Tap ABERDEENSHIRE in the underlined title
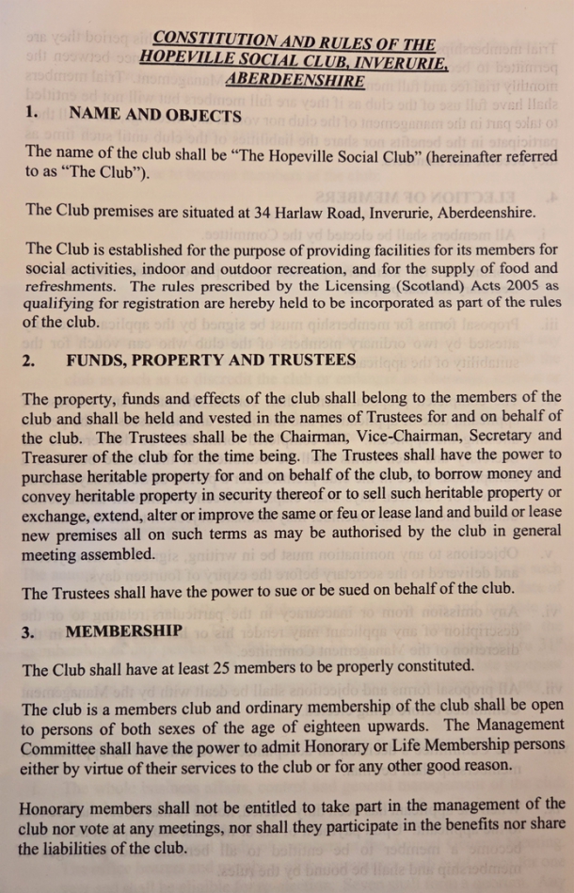[x=295, y=82]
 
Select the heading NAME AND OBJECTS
[x=155, y=116]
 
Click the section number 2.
[x=27, y=360]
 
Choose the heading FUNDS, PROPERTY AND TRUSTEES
[x=211, y=360]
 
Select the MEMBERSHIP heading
[x=121, y=631]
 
